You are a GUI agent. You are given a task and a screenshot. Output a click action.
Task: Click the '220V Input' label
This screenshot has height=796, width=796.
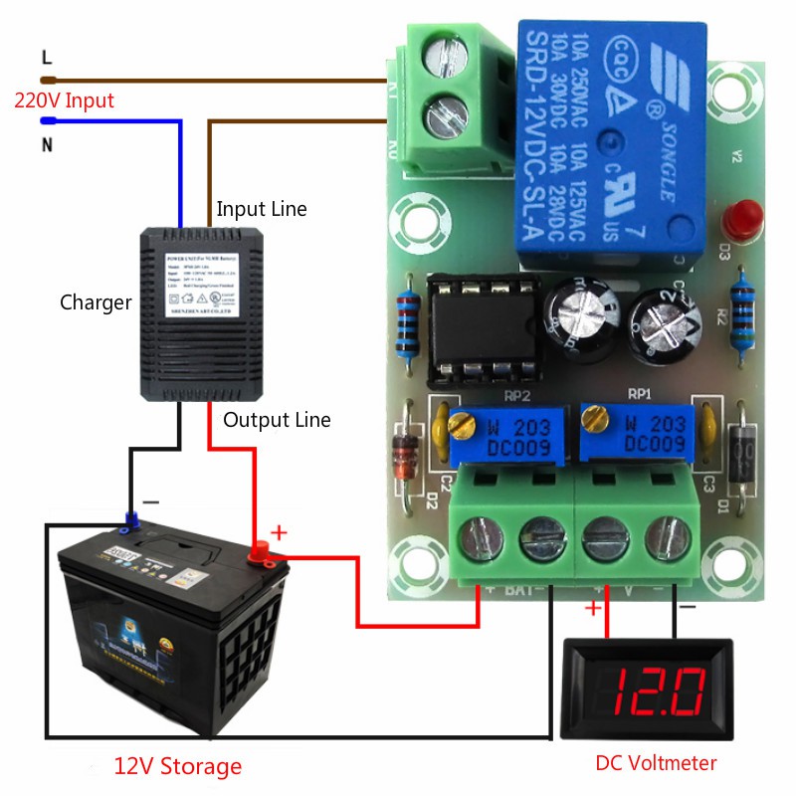[64, 100]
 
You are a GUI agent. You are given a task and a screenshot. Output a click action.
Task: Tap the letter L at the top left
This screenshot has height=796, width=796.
[46, 57]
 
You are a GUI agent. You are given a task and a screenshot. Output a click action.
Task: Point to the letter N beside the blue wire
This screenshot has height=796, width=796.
[46, 144]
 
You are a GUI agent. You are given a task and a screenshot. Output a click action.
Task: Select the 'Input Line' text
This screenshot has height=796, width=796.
[262, 209]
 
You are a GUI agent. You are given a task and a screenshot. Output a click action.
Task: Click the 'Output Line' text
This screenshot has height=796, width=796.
[277, 420]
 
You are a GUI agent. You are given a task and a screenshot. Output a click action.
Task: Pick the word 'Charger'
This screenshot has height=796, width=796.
[96, 302]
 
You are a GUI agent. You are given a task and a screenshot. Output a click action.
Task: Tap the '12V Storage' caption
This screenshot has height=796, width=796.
[177, 766]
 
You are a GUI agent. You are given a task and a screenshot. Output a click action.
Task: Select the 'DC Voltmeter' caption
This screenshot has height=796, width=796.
[656, 763]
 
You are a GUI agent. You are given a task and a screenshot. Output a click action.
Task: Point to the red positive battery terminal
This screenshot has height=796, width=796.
[261, 549]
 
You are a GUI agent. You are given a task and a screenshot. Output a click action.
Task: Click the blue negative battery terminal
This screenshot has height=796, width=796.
[130, 520]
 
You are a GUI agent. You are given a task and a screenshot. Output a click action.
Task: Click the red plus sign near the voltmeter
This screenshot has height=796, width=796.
[594, 607]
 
